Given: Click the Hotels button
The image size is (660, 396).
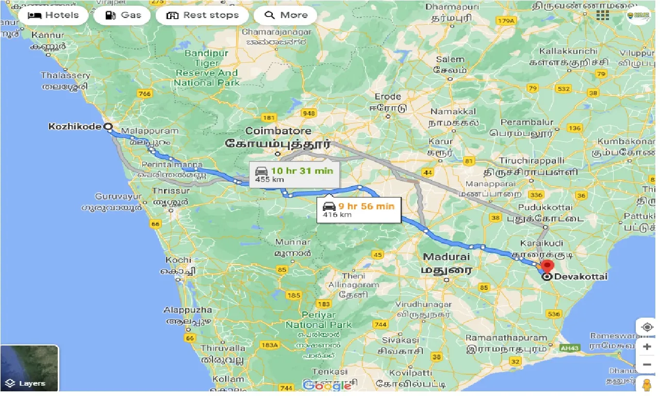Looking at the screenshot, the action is click(x=54, y=15).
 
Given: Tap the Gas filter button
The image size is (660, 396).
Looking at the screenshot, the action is click(x=122, y=15).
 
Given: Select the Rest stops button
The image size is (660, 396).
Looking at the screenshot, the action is click(x=202, y=15).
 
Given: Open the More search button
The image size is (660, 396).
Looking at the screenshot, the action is click(x=285, y=15).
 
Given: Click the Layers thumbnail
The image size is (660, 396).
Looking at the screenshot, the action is click(x=30, y=368).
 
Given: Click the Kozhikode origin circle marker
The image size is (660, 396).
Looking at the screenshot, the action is click(x=108, y=126).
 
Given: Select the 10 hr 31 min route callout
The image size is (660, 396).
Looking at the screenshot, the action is click(x=294, y=174).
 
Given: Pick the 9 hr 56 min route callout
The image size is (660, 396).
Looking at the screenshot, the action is click(x=358, y=209).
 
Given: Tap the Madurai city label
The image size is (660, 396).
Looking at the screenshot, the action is click(x=446, y=257).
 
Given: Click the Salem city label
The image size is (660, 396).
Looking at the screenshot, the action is click(x=450, y=60).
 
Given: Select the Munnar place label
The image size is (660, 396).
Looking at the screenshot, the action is click(x=292, y=242).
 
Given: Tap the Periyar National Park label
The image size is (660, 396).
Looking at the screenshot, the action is click(x=318, y=320).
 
